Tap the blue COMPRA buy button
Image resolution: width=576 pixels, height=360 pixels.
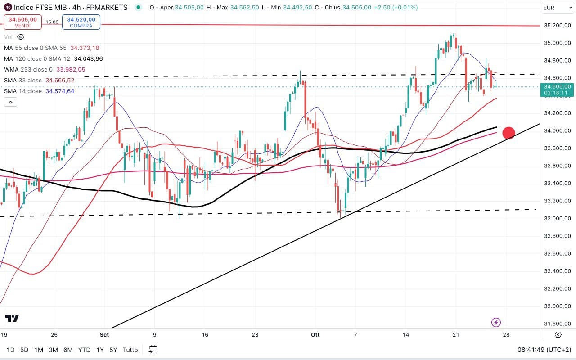(x=81, y=22)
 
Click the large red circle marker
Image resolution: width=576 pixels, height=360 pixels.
(x=508, y=133)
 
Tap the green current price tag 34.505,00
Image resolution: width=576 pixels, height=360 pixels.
(x=558, y=90)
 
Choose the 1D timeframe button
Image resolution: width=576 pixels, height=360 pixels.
(x=10, y=350)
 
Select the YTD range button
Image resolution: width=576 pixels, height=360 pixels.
(x=84, y=350)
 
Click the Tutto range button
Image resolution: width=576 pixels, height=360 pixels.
(x=130, y=350)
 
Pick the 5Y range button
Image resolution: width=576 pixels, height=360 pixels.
(x=113, y=350)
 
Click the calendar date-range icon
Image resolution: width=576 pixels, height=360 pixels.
(x=153, y=350)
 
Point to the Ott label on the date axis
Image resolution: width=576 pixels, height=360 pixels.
(x=315, y=335)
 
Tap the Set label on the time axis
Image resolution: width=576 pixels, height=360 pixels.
(x=104, y=335)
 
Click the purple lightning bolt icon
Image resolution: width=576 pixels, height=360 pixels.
(x=496, y=322)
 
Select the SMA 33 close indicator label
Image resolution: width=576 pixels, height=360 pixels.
(x=23, y=80)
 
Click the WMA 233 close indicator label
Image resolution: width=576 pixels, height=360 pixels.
(x=28, y=69)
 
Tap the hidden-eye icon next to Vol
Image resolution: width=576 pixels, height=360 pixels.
(x=20, y=37)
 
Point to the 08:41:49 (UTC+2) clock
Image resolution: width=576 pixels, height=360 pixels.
(x=544, y=350)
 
